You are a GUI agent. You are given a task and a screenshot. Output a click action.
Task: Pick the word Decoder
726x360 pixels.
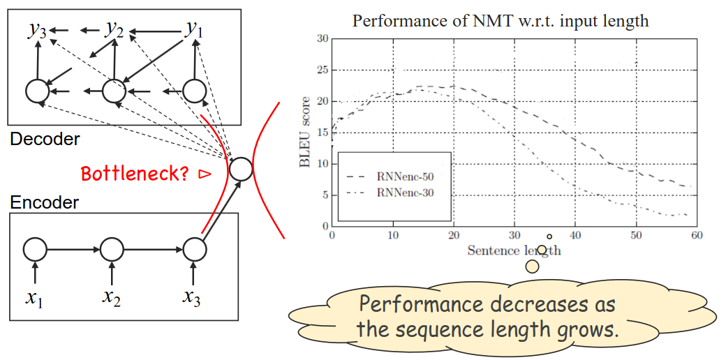point(45,139)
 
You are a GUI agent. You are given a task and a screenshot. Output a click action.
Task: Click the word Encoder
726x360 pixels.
point(45,202)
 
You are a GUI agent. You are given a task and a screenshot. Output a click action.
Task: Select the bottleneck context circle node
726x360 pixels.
point(241,169)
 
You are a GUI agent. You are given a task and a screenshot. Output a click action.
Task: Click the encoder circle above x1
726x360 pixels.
point(35,248)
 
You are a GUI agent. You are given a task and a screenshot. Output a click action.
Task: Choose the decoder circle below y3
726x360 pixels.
point(36,91)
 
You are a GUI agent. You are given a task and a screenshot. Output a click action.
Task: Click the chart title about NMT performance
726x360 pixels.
point(500,20)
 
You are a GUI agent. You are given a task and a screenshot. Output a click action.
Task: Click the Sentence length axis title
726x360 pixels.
point(514,250)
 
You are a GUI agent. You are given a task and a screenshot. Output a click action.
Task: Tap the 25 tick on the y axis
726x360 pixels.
point(323,70)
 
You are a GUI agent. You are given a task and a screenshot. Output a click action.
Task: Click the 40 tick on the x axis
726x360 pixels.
point(575,237)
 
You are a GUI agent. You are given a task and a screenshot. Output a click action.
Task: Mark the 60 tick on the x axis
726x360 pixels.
point(696,237)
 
